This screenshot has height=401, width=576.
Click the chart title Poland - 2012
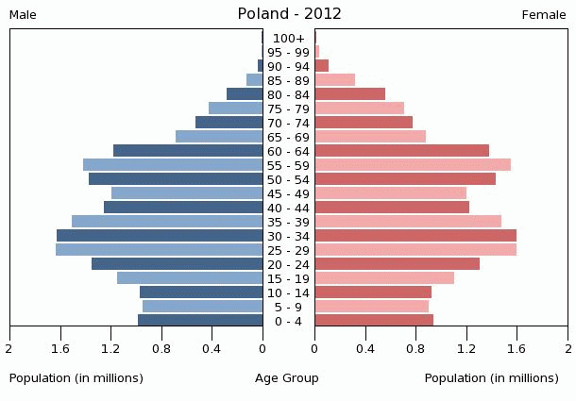coord(289,14)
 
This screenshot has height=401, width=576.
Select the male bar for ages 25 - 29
coord(159,250)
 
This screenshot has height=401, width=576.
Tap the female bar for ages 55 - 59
coord(413,165)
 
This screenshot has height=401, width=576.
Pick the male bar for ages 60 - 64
coord(188,151)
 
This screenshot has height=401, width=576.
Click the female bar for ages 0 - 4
coord(374,321)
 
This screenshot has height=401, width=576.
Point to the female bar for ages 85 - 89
coord(334,80)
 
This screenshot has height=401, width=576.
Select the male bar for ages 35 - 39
coord(167,222)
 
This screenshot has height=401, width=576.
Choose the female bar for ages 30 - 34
coord(415,236)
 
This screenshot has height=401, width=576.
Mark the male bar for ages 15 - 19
coord(190,278)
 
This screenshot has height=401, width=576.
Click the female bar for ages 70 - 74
coord(364,123)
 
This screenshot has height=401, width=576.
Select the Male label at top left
coord(23,15)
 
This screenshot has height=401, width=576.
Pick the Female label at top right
coord(544,15)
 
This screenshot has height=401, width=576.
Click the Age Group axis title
coord(287,378)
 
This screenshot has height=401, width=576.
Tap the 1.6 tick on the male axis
coord(61,349)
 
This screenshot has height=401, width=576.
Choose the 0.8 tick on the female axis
coord(415,349)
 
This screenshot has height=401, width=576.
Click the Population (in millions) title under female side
coord(492,378)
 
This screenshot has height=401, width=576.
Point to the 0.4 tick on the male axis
coord(212,349)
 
